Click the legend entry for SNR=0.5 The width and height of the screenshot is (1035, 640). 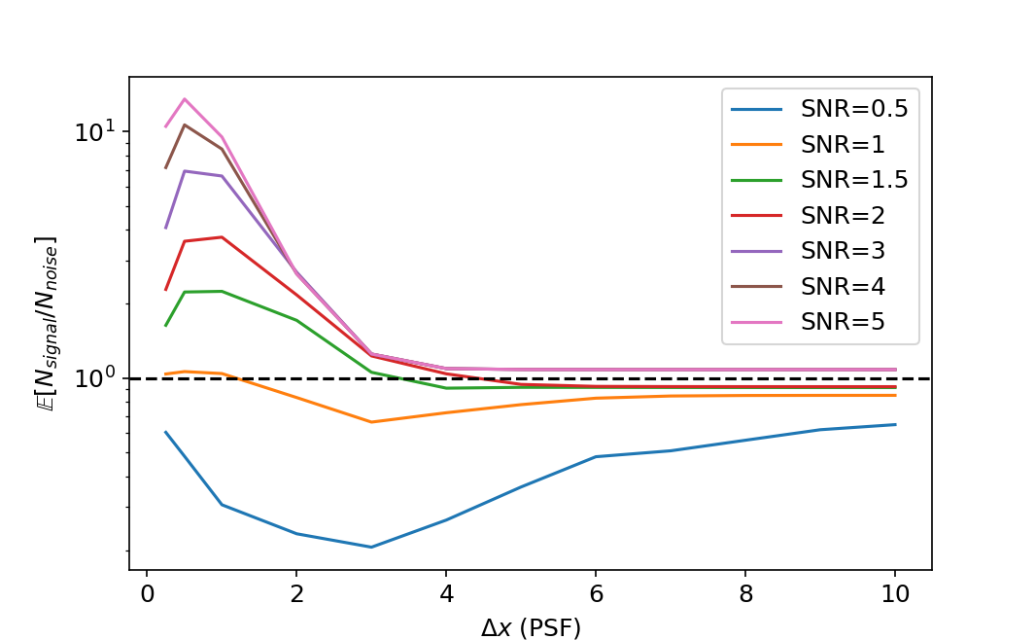pos(853,109)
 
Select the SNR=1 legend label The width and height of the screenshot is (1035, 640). pos(842,144)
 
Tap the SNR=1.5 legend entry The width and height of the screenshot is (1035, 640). pos(853,179)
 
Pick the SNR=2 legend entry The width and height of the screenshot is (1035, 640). pos(842,215)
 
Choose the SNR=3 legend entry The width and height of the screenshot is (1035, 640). pos(842,250)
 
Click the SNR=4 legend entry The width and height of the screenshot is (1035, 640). pos(842,286)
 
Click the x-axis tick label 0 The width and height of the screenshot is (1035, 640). pos(147,593)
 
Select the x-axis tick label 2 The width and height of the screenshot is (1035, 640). pos(296,593)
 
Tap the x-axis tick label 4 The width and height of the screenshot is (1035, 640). pos(446,593)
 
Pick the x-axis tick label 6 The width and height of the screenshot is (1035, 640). pos(596,593)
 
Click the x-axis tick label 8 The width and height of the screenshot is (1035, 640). pos(745,593)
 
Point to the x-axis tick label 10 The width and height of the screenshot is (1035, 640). pos(894,593)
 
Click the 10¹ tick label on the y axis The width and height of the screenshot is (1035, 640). pos(95,131)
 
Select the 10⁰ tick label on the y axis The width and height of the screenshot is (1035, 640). pos(95,377)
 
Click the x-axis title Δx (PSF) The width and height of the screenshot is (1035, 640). pos(531,627)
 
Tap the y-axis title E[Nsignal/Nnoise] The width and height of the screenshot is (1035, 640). pos(45,323)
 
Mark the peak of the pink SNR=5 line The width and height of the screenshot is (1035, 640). pos(185,98)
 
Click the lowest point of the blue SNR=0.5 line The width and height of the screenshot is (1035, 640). pos(371,547)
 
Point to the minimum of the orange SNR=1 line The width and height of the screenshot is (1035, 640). pos(371,422)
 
